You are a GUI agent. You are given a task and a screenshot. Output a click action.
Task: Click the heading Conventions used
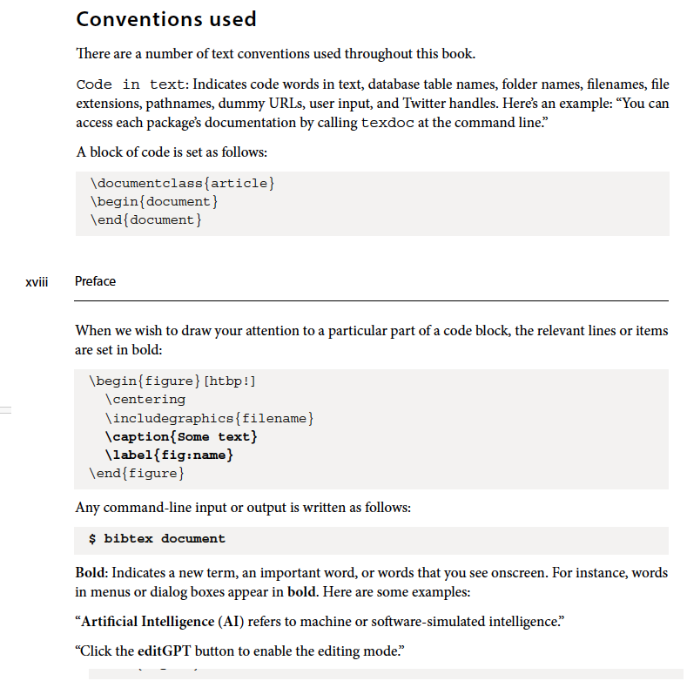[165, 18]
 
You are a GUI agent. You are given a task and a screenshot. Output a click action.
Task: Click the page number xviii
[36, 281]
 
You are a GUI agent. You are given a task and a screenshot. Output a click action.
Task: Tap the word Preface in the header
[95, 281]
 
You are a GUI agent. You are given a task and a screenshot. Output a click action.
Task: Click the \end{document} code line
[145, 219]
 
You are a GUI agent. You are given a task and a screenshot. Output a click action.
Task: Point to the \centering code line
[145, 399]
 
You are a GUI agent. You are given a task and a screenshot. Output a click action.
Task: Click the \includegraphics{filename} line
[208, 418]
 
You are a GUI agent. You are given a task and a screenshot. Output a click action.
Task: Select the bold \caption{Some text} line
[180, 436]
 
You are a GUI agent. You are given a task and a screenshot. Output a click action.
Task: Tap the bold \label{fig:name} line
[168, 455]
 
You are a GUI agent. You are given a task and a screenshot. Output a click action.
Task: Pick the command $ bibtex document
[157, 538]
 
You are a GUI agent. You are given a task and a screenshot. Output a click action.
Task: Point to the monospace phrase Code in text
[130, 84]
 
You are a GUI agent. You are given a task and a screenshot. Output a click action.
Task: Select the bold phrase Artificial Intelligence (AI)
[161, 622]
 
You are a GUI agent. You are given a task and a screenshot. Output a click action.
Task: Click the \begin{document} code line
[152, 201]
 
